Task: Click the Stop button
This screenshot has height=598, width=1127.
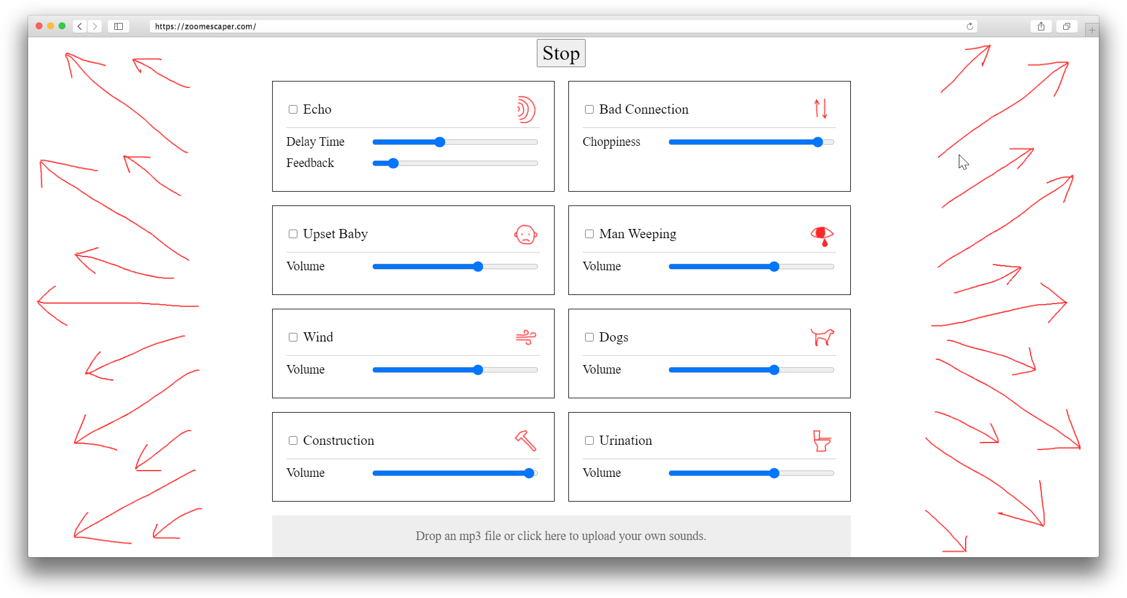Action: pyautogui.click(x=561, y=53)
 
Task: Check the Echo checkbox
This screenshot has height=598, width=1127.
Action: pyautogui.click(x=293, y=110)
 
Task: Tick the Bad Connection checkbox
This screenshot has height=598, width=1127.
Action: pyautogui.click(x=589, y=110)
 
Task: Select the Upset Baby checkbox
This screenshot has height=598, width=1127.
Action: pyautogui.click(x=293, y=234)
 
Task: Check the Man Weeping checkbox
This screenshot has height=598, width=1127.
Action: pyautogui.click(x=589, y=234)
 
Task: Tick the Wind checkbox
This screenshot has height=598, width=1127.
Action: pyautogui.click(x=293, y=337)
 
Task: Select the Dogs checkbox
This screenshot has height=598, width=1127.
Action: pyautogui.click(x=589, y=337)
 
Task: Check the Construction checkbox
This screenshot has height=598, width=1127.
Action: pyautogui.click(x=293, y=441)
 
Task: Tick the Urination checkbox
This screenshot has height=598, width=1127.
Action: pyautogui.click(x=589, y=441)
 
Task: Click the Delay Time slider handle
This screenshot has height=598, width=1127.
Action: pyautogui.click(x=440, y=142)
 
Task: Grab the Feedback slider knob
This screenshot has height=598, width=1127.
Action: pyautogui.click(x=393, y=164)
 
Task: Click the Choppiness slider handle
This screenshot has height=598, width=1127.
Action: pyautogui.click(x=818, y=142)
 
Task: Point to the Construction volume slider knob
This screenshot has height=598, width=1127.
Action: pyautogui.click(x=529, y=473)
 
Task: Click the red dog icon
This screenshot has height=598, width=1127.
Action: pyautogui.click(x=822, y=337)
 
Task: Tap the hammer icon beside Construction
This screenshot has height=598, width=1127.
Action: pyautogui.click(x=526, y=441)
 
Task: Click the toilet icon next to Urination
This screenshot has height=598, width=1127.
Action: pyautogui.click(x=822, y=441)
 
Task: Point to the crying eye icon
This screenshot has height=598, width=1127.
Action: pyautogui.click(x=822, y=235)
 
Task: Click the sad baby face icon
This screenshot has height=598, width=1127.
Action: pyautogui.click(x=526, y=235)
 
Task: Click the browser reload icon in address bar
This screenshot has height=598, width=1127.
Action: pyautogui.click(x=970, y=26)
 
